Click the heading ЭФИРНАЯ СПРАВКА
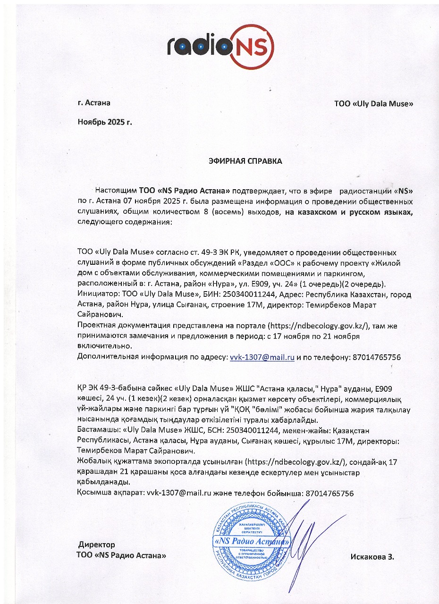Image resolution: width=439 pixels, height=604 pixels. point(245,161)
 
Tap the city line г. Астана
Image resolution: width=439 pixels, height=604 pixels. point(93,102)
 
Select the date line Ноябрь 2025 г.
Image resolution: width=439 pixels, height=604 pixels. point(105,122)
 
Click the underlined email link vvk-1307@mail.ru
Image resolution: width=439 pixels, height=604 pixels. point(262,358)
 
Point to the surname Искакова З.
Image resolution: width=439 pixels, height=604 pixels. point(372,556)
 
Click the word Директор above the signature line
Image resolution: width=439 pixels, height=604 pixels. point(97,545)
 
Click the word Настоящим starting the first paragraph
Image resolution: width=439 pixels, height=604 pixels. point(116,191)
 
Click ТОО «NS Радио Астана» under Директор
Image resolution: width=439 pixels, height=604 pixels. point(121,556)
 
